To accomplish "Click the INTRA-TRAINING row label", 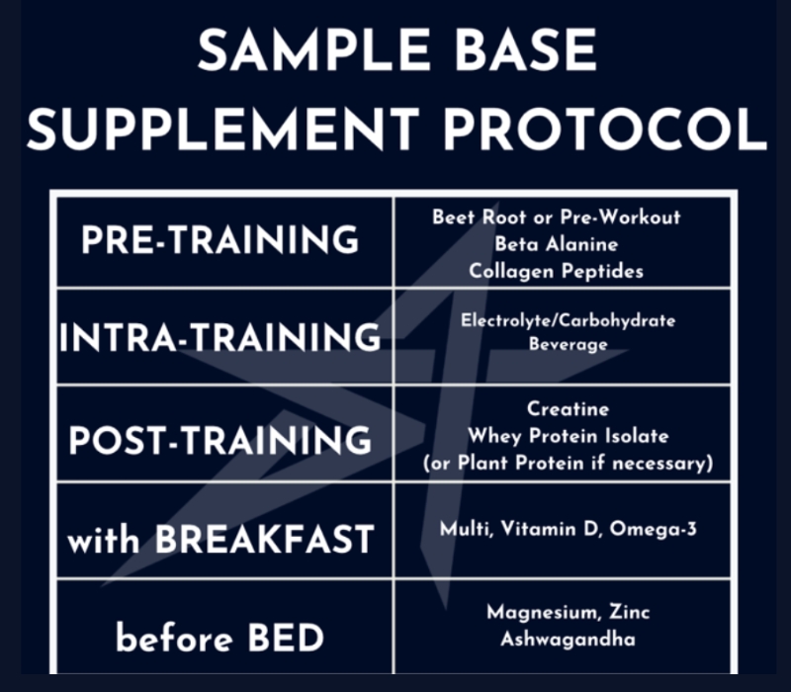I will (220, 338).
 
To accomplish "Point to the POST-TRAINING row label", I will (220, 438).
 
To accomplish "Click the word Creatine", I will (569, 408).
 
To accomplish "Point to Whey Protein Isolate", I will (569, 436).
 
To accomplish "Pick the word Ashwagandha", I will (569, 640).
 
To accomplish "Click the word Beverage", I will (569, 345).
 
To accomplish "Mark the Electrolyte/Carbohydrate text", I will (569, 320).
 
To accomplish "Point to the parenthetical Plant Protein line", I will (569, 464).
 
